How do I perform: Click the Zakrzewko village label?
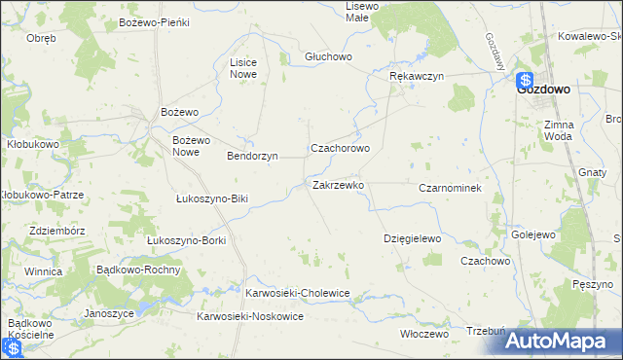tap(338, 184)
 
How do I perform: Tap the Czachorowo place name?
tap(340, 149)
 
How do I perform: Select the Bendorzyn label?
tap(252, 156)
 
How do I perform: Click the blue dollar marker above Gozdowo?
tap(525, 82)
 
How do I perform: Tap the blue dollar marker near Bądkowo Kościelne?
tap(14, 347)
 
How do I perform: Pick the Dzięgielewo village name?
tap(413, 238)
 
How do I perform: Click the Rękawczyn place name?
tap(416, 75)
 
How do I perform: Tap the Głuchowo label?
tap(328, 56)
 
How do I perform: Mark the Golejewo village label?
tap(532, 235)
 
